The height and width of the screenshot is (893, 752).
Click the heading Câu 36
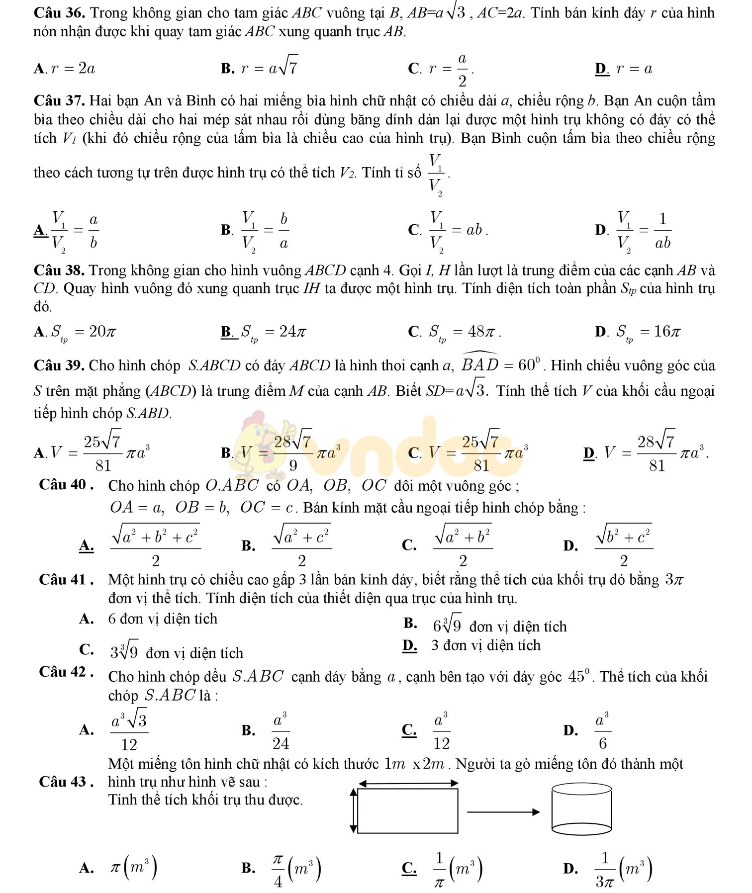coord(60,12)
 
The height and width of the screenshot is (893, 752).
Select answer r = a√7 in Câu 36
coord(269,67)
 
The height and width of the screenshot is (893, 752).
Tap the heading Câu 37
coord(60,101)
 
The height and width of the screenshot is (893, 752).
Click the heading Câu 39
coord(60,365)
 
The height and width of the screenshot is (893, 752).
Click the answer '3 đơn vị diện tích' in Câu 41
coord(485,645)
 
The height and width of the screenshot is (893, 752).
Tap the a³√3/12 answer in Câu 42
coord(129,730)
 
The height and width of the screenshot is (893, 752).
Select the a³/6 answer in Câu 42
coord(602,730)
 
